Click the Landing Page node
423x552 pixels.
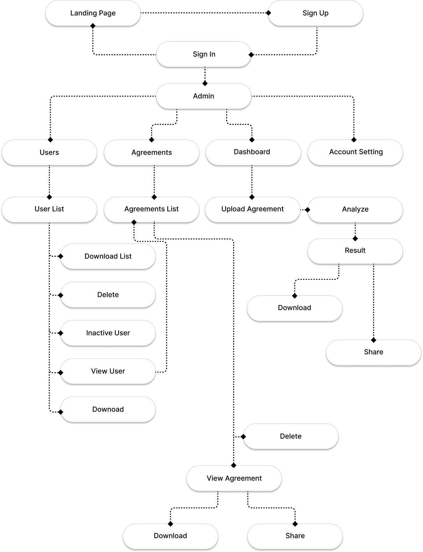93,13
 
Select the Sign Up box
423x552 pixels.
315,13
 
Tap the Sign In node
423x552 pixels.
204,54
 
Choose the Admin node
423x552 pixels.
204,96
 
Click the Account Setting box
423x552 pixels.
355,153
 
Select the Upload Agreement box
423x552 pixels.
252,210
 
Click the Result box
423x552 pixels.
355,251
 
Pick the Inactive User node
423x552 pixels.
108,333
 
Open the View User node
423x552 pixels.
108,371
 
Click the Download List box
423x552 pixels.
108,256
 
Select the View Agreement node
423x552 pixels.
234,478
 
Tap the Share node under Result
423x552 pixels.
373,353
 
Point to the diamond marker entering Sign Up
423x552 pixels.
268,13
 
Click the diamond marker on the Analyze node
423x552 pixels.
308,210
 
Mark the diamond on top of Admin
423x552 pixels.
205,83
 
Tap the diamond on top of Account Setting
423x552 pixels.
354,140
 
